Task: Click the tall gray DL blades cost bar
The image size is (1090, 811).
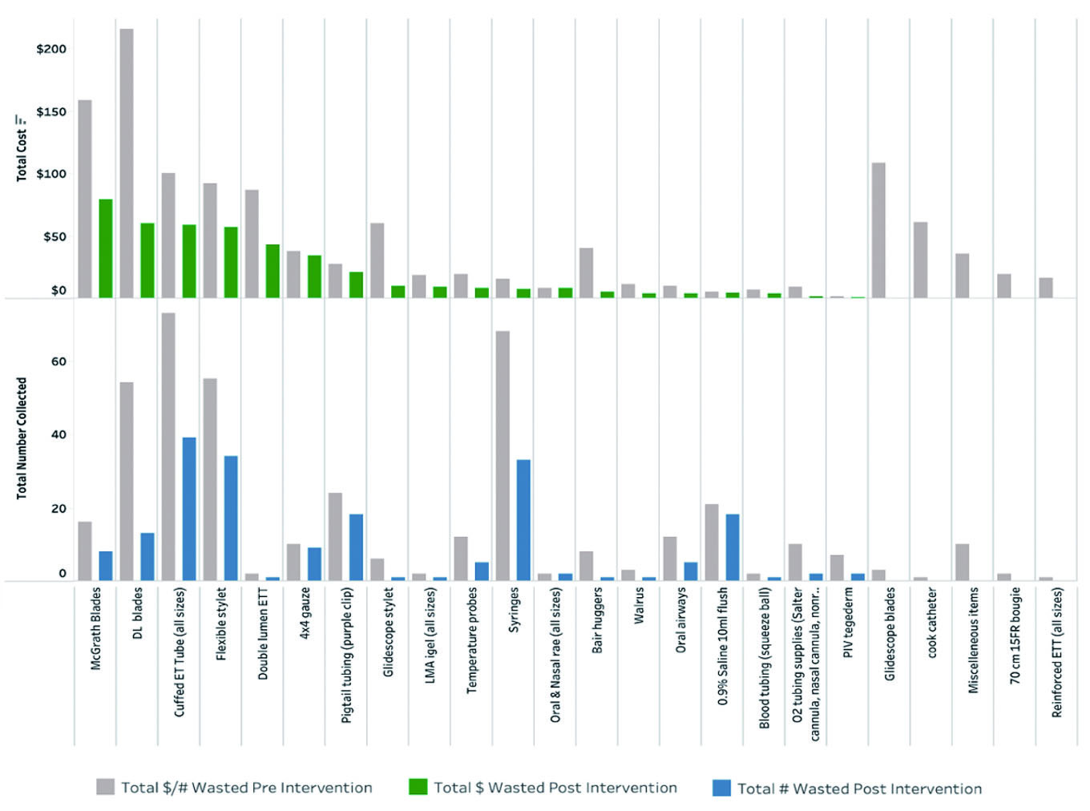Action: (x=127, y=163)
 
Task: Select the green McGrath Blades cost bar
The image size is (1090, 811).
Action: (x=106, y=248)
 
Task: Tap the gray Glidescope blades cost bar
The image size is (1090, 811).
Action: (x=878, y=231)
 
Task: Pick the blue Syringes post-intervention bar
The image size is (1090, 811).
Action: (x=523, y=520)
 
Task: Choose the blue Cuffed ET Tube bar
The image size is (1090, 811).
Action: (x=189, y=509)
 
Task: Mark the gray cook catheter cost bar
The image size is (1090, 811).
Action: (x=920, y=260)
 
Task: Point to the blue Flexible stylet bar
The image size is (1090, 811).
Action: (x=231, y=518)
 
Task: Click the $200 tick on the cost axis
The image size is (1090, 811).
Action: (x=51, y=49)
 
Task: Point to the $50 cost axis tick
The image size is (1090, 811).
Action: (x=54, y=237)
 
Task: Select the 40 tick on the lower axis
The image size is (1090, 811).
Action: (x=59, y=435)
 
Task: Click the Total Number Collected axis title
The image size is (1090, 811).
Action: (x=22, y=438)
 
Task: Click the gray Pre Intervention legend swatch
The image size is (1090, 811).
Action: (x=105, y=787)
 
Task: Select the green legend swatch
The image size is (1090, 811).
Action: (x=418, y=787)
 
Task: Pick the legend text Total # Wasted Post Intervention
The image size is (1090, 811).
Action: (x=859, y=789)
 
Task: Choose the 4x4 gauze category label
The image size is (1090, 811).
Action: (x=305, y=612)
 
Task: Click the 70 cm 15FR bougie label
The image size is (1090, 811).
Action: (x=1015, y=635)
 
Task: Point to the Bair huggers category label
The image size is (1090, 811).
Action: (x=597, y=620)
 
